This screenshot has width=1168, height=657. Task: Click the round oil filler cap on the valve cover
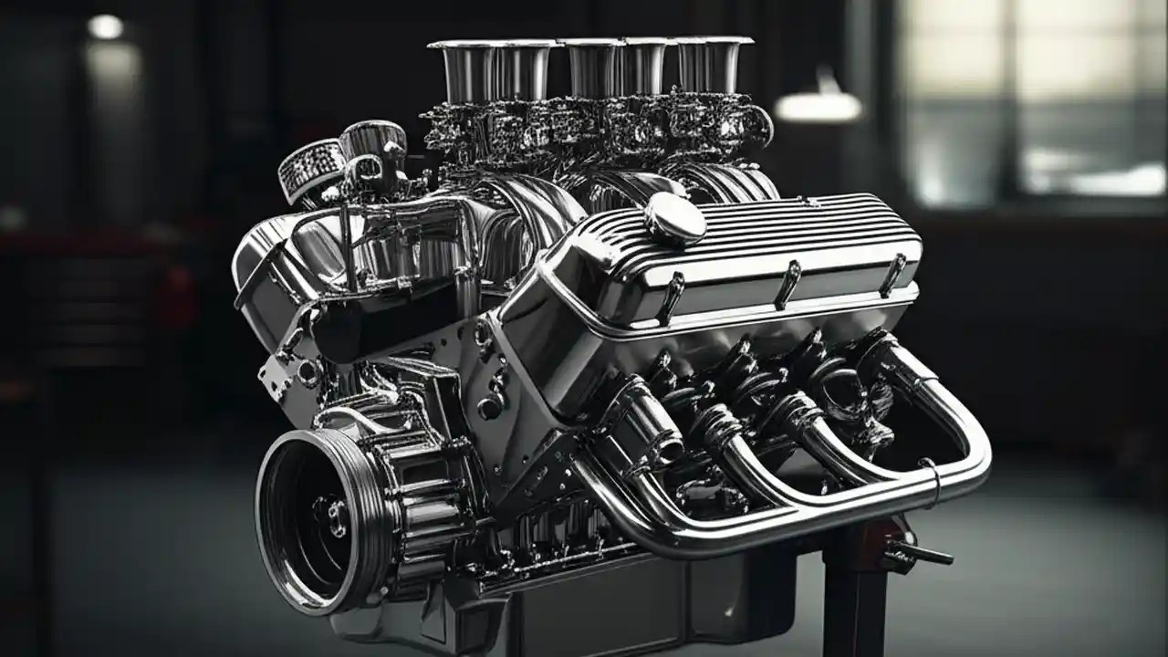click(674, 219)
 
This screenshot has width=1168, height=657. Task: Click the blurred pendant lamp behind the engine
click(819, 107)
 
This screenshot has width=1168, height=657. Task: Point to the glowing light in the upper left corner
click(105, 27)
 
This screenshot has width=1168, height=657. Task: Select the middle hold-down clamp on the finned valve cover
click(787, 284)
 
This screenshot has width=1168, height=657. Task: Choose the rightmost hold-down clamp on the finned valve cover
click(892, 274)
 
